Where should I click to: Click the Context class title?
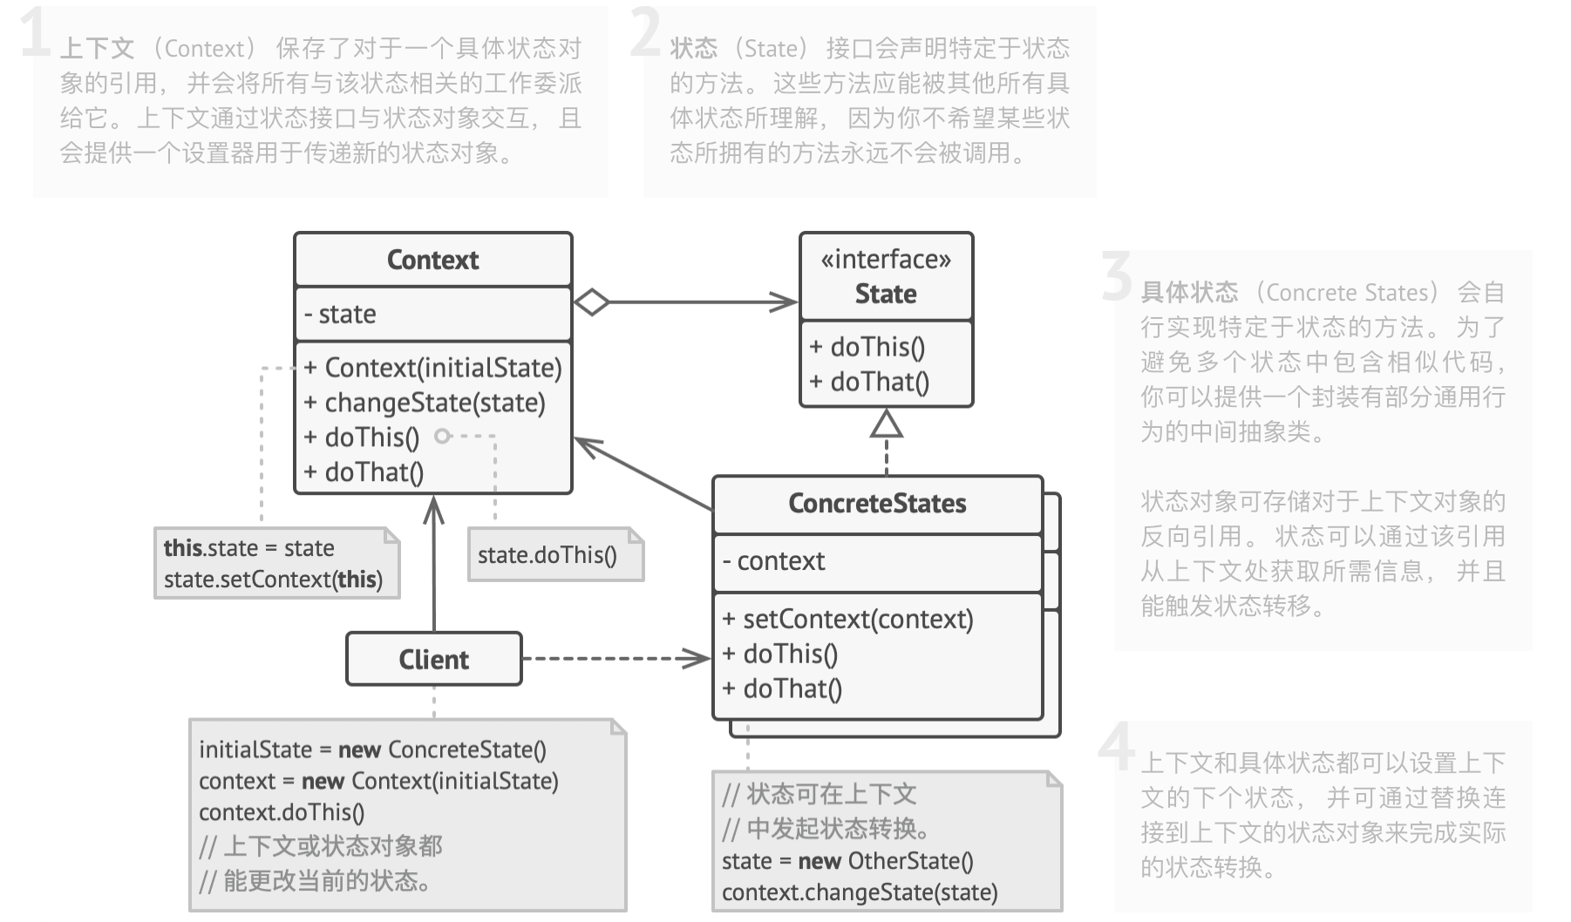point(432,260)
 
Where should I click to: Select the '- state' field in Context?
point(341,314)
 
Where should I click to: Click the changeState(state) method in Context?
point(425,403)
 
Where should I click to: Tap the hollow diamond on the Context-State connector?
point(592,302)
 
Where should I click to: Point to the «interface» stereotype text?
point(886,260)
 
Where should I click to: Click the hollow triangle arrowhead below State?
point(887,424)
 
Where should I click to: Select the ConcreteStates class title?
point(877,504)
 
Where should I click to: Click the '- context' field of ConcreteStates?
point(773,561)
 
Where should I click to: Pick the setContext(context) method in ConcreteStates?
point(848,620)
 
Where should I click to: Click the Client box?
point(433,660)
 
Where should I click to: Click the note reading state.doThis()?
point(547,555)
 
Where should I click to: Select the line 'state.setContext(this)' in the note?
point(273,580)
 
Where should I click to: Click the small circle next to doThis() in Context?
point(443,436)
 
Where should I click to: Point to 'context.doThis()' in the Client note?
point(282,812)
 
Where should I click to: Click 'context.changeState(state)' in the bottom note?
point(860,892)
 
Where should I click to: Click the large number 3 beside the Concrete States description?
point(1117,277)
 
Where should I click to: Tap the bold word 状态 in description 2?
point(693,49)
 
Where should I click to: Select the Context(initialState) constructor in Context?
point(433,368)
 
